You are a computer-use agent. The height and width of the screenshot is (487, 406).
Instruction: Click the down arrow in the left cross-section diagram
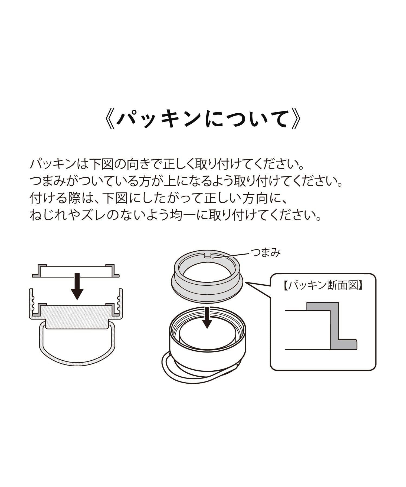[x=77, y=286]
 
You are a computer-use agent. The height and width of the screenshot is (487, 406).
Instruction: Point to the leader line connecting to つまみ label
[x=231, y=255]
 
